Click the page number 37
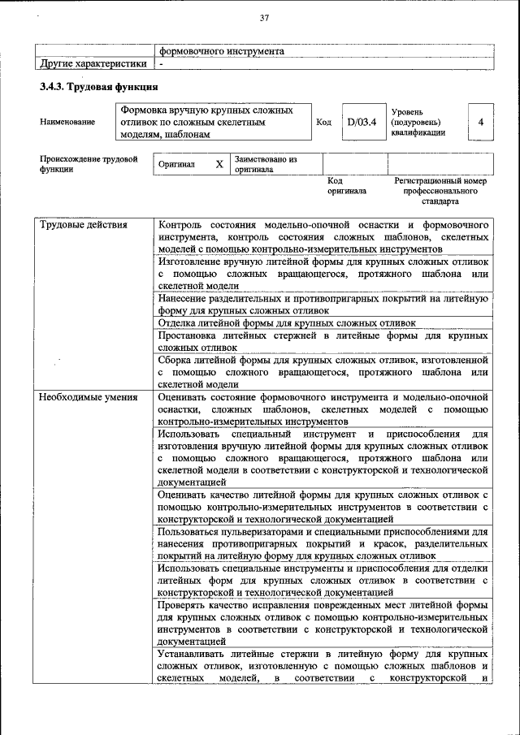click(x=264, y=19)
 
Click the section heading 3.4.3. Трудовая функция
click(x=98, y=87)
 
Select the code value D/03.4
click(x=361, y=123)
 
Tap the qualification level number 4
click(x=481, y=123)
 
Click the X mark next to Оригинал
click(x=219, y=164)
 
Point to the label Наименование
click(x=67, y=123)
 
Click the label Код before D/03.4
click(x=323, y=123)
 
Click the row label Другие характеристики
click(x=93, y=63)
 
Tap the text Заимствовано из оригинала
click(x=266, y=165)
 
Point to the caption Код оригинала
click(x=347, y=186)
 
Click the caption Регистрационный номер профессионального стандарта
click(x=440, y=191)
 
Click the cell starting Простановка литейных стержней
click(x=323, y=341)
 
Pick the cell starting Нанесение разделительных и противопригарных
click(x=323, y=304)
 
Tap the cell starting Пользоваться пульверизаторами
click(x=323, y=543)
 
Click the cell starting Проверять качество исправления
click(x=323, y=622)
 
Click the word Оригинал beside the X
click(x=177, y=164)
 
